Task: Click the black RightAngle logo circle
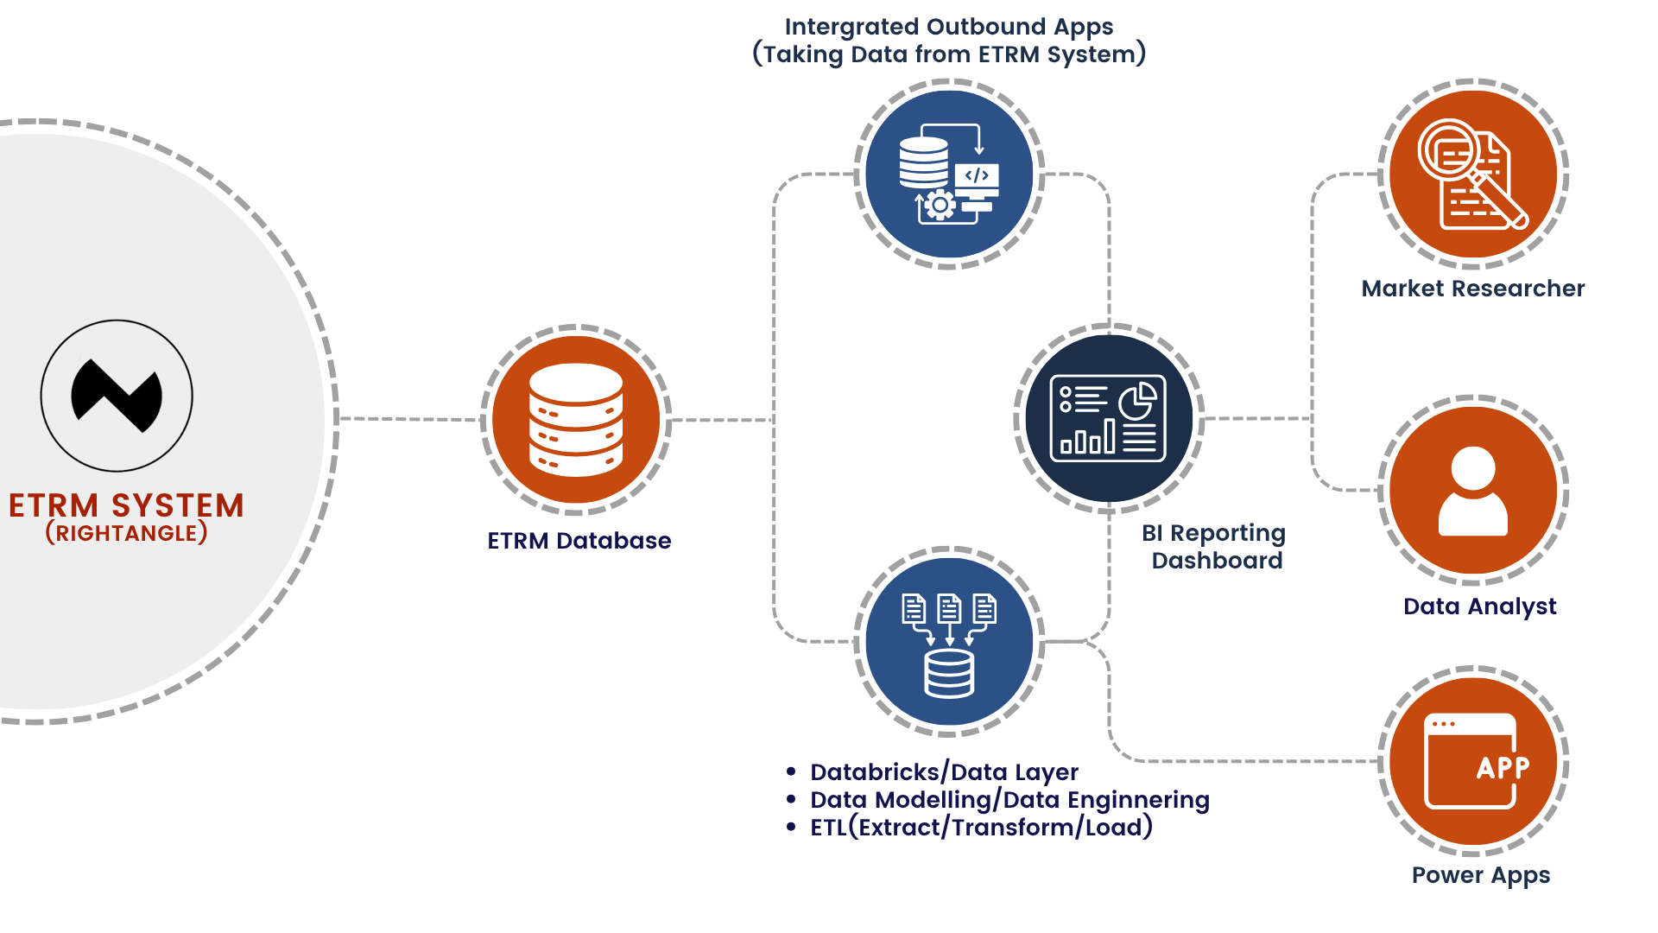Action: pyautogui.click(x=117, y=396)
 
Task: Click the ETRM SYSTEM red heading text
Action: pyautogui.click(x=126, y=505)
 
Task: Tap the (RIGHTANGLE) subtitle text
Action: pyautogui.click(x=126, y=533)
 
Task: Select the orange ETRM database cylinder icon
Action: pyautogui.click(x=576, y=420)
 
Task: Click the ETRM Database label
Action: pyautogui.click(x=579, y=541)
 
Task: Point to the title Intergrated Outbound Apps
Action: pyautogui.click(x=948, y=27)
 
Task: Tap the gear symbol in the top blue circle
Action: pyautogui.click(x=940, y=206)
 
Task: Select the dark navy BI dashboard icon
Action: pyautogui.click(x=1108, y=418)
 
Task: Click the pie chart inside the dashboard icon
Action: pyautogui.click(x=1137, y=401)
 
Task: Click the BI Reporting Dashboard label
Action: pyautogui.click(x=1214, y=546)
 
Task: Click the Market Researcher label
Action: pyautogui.click(x=1472, y=289)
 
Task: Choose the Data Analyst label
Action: pyautogui.click(x=1479, y=606)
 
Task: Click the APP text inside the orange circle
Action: pyautogui.click(x=1503, y=767)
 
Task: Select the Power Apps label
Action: pyautogui.click(x=1480, y=875)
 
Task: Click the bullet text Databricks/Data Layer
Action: pyautogui.click(x=944, y=772)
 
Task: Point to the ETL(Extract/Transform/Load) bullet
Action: pyautogui.click(x=981, y=828)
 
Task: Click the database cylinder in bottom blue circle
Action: pyautogui.click(x=949, y=674)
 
